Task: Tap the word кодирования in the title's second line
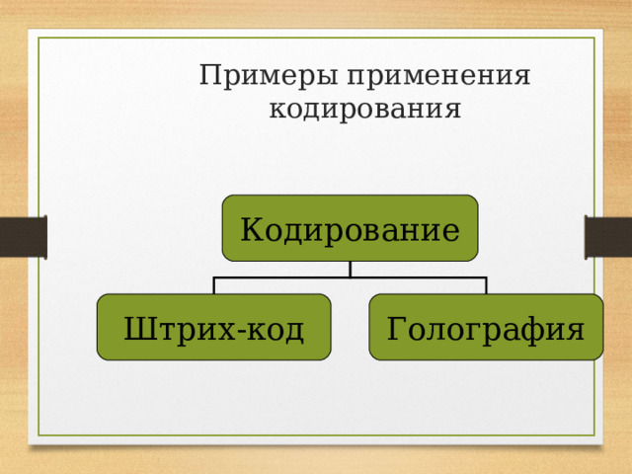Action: (364, 108)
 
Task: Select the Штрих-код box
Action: (213, 327)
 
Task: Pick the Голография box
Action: (485, 327)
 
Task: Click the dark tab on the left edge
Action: (23, 237)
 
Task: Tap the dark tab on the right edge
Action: (608, 237)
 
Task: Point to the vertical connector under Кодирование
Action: (351, 270)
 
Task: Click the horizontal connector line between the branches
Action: (296, 278)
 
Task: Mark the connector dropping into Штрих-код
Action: (214, 286)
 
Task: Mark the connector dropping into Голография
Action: (486, 286)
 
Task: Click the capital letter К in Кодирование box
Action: (250, 231)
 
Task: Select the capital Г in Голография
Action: (395, 327)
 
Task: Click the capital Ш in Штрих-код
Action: (137, 327)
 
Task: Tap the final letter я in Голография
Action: (574, 329)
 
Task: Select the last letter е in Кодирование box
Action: (451, 233)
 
